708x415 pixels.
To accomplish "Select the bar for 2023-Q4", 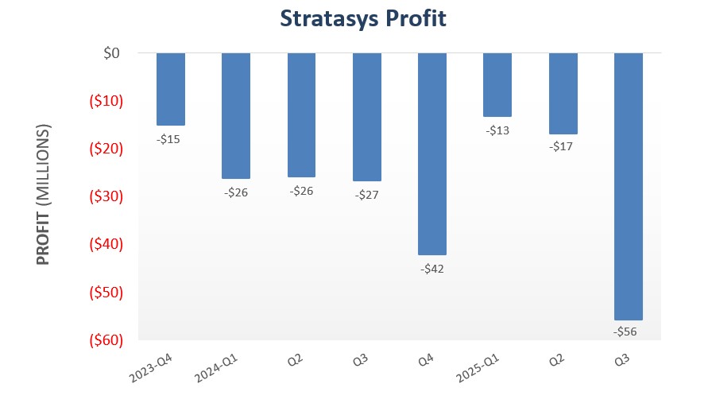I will click(171, 89).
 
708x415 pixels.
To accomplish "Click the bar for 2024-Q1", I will click(236, 115).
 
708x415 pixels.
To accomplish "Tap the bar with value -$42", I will click(432, 153).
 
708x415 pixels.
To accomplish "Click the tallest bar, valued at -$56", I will click(628, 186).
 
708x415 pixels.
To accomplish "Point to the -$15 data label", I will click(171, 139).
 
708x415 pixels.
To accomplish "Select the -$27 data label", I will click(367, 194).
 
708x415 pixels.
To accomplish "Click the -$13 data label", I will click(497, 130).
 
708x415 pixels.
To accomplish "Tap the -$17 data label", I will click(563, 146).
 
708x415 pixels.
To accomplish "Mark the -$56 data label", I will click(628, 332).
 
